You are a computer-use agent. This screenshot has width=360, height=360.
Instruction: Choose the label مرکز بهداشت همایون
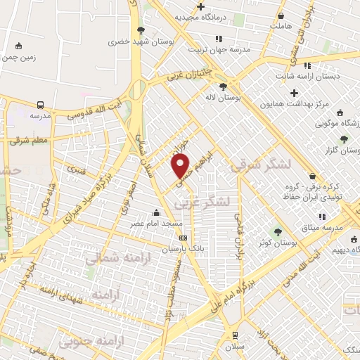click(x=295, y=104)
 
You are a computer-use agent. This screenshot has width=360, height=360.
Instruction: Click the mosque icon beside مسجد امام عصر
click(x=155, y=212)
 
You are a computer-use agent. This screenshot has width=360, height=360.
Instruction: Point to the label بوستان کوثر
click(x=278, y=242)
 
